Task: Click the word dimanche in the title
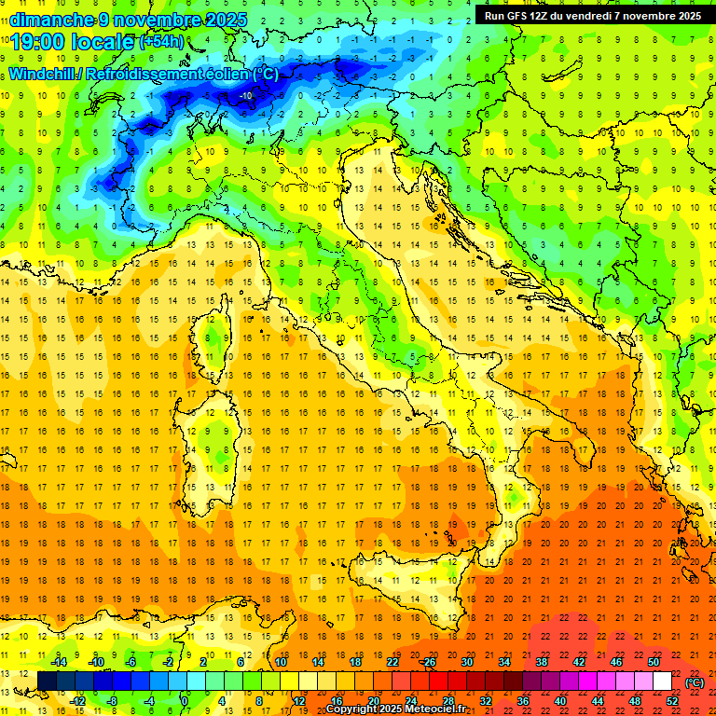point(50,19)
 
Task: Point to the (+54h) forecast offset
point(160,41)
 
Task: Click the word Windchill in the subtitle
point(42,74)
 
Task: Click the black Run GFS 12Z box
point(593,15)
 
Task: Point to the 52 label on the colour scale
point(672,701)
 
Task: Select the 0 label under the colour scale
point(184,701)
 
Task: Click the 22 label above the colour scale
point(392,662)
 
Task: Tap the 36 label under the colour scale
point(523,701)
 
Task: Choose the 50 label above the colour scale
point(654,662)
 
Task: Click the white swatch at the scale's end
point(663,682)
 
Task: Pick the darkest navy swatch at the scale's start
point(47,682)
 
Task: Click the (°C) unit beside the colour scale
point(695,682)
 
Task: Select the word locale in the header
point(105,41)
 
